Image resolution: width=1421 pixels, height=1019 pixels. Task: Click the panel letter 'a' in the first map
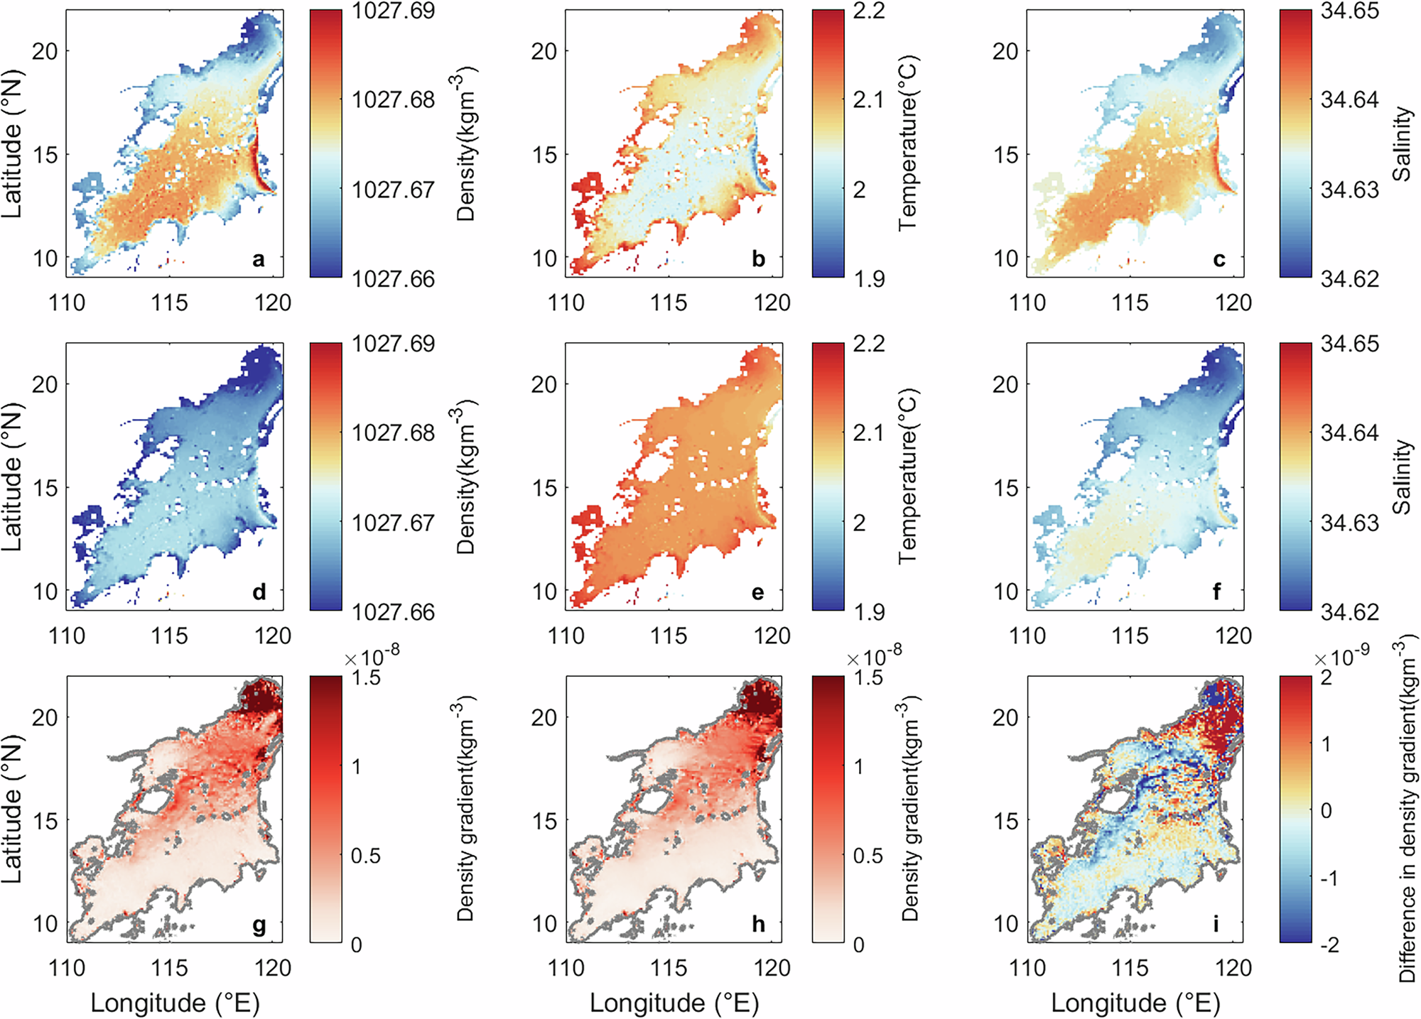[x=259, y=260]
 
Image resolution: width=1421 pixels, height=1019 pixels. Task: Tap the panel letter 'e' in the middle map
[x=757, y=593]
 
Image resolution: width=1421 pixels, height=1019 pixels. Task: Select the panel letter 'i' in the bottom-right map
[x=1216, y=924]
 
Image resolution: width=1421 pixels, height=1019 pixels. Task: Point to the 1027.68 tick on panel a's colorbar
[x=393, y=100]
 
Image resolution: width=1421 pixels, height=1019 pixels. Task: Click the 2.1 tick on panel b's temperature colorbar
[x=869, y=100]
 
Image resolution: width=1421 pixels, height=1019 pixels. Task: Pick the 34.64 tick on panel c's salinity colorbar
[x=1349, y=100]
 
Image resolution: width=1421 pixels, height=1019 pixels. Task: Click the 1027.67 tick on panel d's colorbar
[x=393, y=523]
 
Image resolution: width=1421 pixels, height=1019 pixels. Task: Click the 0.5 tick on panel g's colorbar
[x=366, y=856]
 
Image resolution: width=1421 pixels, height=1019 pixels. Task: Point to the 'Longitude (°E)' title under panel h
[x=674, y=1003]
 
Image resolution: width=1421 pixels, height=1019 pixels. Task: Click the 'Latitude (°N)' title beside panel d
[x=12, y=477]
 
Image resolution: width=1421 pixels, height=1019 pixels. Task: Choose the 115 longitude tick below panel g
[x=169, y=968]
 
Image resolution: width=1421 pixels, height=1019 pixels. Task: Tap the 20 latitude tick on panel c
[x=1005, y=51]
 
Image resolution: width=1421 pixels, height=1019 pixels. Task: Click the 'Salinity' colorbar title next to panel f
[x=1401, y=477]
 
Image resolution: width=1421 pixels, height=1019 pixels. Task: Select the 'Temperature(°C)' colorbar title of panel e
[x=907, y=477]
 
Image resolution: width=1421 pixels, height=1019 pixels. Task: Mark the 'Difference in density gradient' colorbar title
[x=1407, y=810]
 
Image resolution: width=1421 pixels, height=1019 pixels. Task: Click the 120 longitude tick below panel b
[x=772, y=303]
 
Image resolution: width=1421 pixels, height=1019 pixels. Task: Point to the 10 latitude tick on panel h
[x=544, y=924]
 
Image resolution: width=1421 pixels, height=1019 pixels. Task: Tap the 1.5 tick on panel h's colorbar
[x=869, y=677]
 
